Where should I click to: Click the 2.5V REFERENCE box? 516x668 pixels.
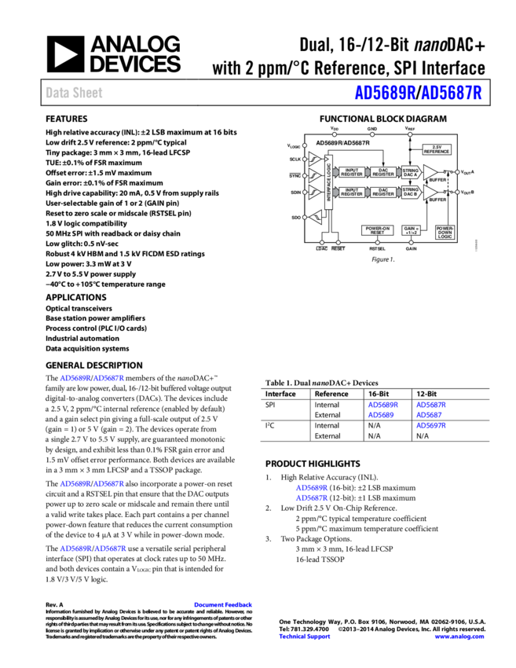437,149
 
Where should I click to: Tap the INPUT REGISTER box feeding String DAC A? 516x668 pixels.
352,172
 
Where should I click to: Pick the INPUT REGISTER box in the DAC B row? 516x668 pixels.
352,192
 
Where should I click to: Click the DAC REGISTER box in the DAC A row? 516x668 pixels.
383,172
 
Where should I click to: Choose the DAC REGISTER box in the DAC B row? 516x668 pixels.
383,192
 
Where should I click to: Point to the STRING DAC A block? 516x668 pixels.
411,172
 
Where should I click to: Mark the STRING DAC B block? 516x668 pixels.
411,192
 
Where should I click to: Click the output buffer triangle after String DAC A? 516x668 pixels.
429,172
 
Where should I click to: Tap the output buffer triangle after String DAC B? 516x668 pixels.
429,192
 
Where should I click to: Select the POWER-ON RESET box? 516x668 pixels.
377,230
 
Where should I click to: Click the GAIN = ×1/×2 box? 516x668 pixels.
411,230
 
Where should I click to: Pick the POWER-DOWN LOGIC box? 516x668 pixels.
445,232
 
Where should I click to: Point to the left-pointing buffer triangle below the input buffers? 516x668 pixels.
316,218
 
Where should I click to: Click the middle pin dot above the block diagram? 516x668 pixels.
372,134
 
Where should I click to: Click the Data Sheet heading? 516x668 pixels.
74,93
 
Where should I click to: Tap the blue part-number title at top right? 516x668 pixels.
418,93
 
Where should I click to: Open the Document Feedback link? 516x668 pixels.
223,604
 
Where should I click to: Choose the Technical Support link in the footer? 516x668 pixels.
305,637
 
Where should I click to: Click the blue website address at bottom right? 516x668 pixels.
459,637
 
